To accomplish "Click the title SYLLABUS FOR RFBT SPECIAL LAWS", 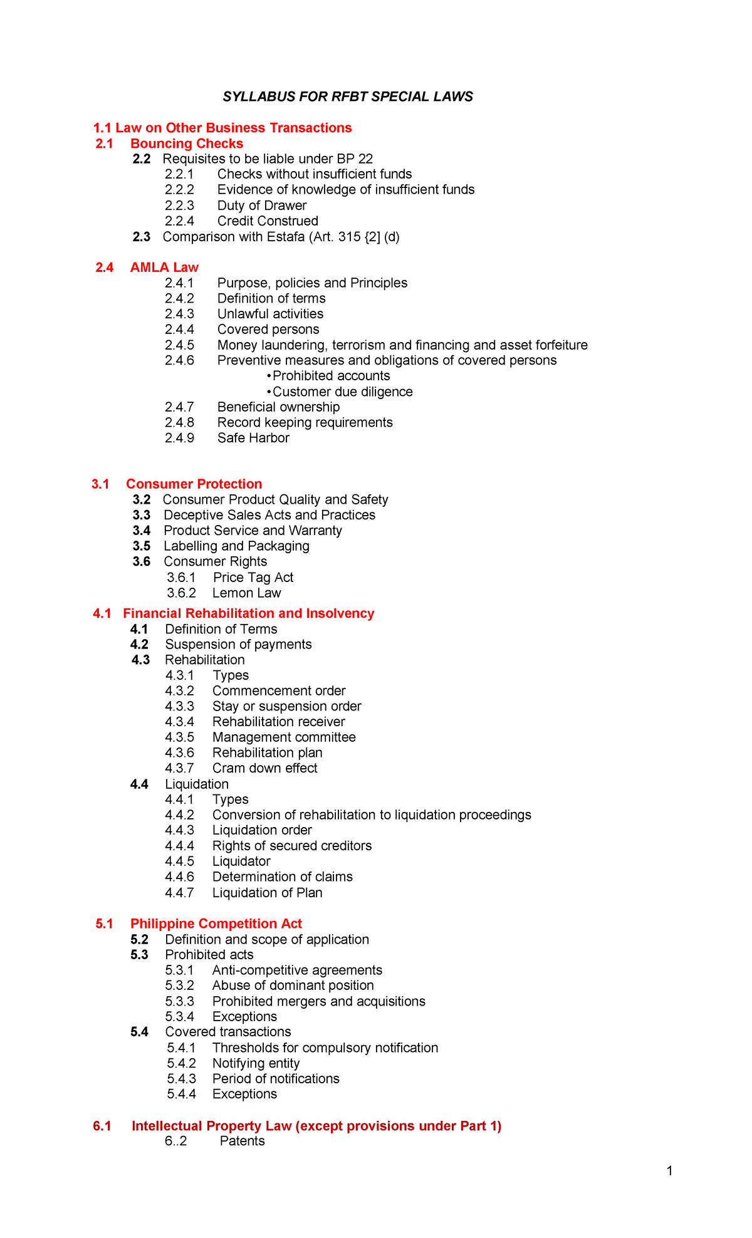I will point(348,96).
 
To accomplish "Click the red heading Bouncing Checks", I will point(186,143).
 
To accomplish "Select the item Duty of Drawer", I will point(261,205).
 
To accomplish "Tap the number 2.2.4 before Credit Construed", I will point(179,221).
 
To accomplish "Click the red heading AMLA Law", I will point(164,268).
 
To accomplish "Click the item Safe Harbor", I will point(253,438).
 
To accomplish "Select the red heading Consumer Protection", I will point(194,484).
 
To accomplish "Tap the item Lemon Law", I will point(246,593).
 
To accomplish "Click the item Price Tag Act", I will point(253,577).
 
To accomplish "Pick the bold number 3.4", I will point(142,531).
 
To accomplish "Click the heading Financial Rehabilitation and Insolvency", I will point(248,613).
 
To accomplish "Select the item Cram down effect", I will point(264,768).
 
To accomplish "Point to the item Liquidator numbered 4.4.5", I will point(241,861).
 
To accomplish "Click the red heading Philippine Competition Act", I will point(216,923).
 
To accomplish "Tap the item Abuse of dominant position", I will point(293,986).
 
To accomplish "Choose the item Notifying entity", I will point(256,1063).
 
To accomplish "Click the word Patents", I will point(242,1141).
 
